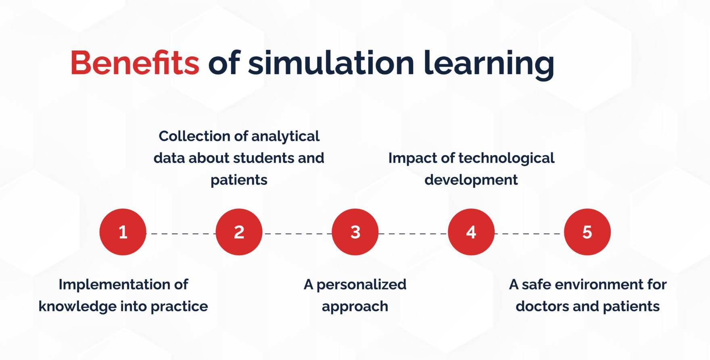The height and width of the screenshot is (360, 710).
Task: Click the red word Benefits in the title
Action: (x=135, y=63)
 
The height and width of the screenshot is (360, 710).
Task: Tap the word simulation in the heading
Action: (x=331, y=63)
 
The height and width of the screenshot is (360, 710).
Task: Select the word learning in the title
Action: (x=489, y=64)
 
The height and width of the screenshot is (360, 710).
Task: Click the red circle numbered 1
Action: (x=123, y=232)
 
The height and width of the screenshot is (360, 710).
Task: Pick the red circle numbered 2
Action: (x=239, y=232)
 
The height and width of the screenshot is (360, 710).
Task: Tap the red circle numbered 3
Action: (x=355, y=232)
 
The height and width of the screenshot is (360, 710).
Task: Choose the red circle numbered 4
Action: (x=471, y=232)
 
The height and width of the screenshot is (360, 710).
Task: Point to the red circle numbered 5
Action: (x=587, y=232)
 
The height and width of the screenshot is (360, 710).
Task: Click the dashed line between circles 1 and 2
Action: (x=181, y=233)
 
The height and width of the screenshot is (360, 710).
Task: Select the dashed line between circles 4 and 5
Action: (x=529, y=233)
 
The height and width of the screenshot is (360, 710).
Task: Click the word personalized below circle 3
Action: (x=361, y=285)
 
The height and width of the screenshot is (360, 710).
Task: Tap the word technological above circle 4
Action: (x=507, y=158)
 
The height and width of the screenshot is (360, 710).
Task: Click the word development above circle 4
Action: (x=471, y=180)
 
